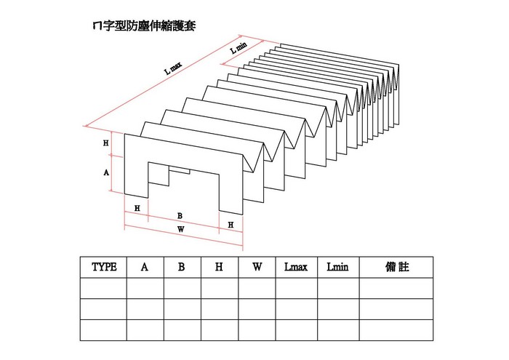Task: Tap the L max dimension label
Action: coord(174,68)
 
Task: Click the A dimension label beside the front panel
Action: coord(106,173)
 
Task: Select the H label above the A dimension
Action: coord(106,144)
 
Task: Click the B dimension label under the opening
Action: coord(180,216)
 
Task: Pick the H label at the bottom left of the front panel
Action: coord(137,209)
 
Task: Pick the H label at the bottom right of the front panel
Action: coord(231,225)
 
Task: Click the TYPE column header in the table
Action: coord(104,267)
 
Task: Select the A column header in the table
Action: coord(145,267)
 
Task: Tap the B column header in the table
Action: coord(182,267)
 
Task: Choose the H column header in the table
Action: coord(219,267)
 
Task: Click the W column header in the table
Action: coord(257,267)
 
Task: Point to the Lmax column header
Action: coord(296,267)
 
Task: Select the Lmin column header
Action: coord(338,267)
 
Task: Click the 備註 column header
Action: coord(396,267)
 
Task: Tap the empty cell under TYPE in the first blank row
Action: coord(104,289)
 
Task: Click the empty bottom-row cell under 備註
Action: coord(396,330)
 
